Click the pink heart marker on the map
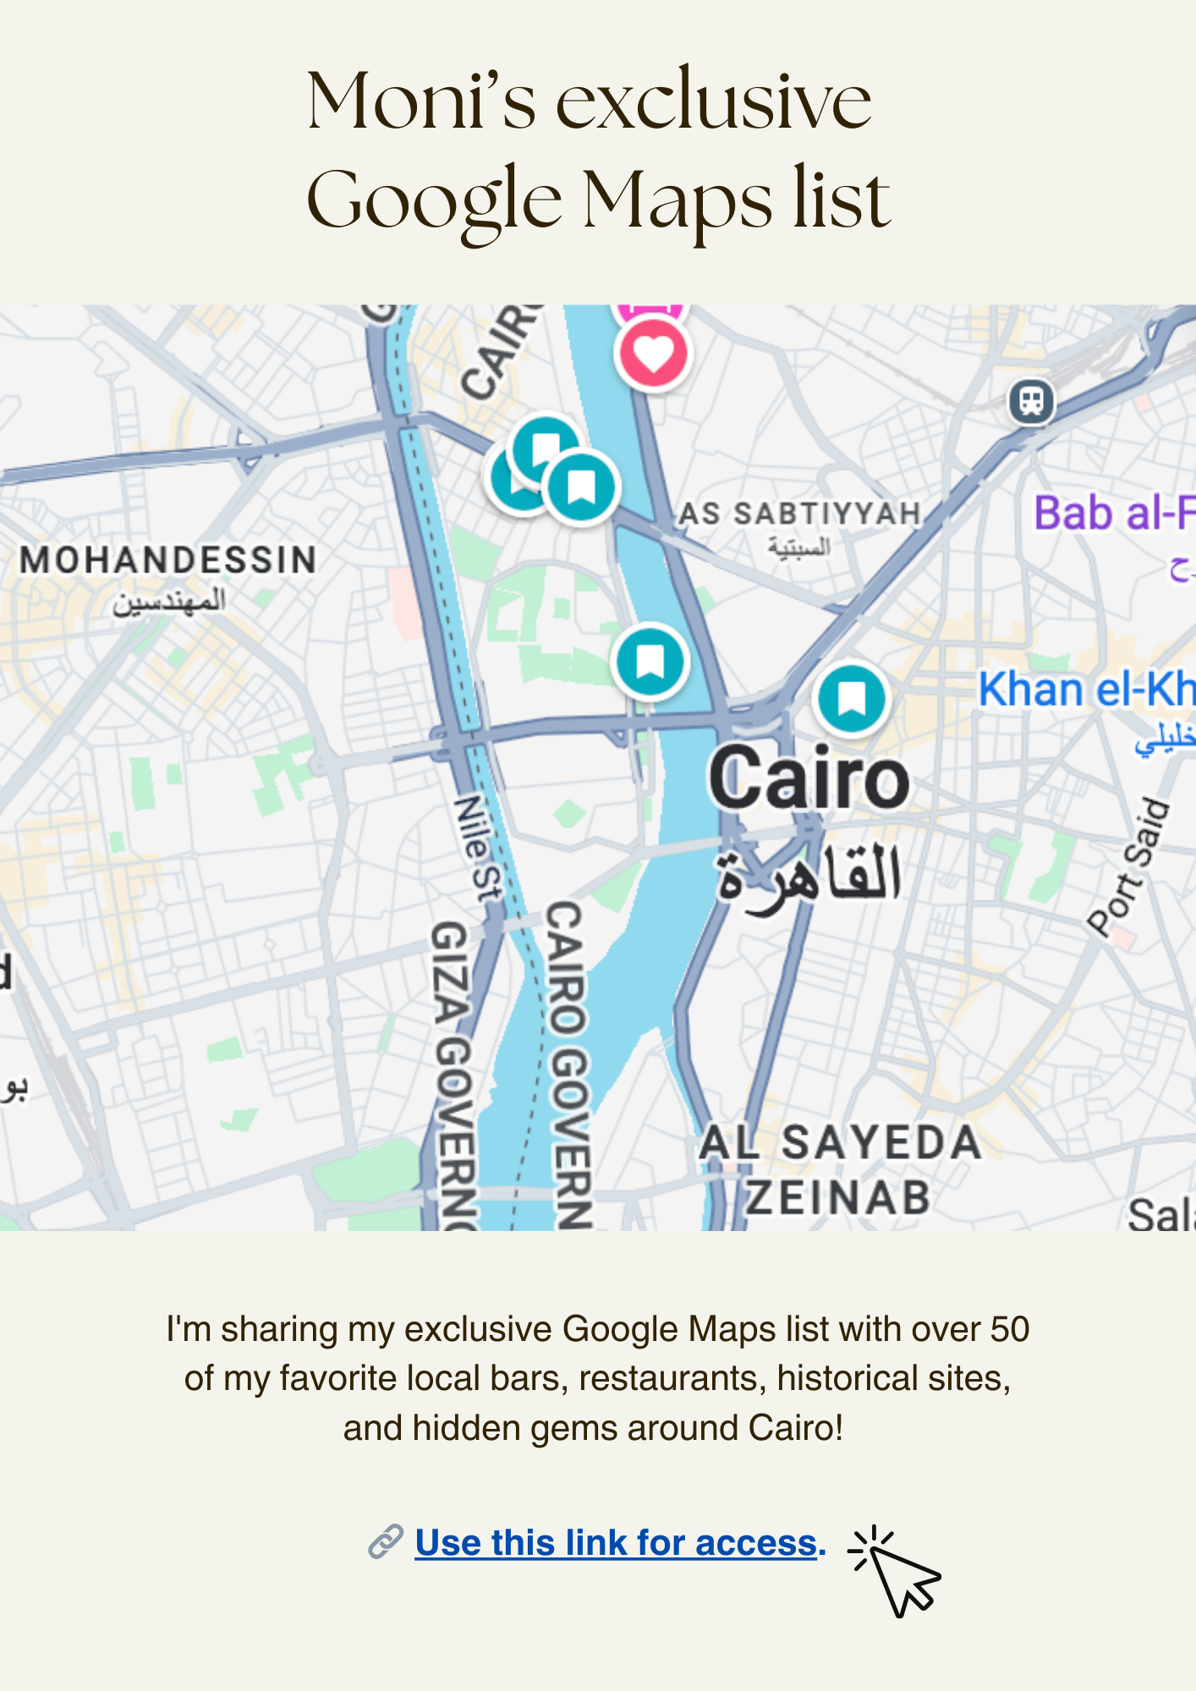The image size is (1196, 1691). [x=653, y=353]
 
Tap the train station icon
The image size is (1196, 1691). [x=1031, y=401]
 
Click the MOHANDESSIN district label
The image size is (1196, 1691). [x=167, y=561]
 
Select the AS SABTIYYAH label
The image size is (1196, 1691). [x=799, y=513]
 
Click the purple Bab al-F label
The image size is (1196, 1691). [x=1113, y=513]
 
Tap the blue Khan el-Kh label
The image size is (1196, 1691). [x=1086, y=689]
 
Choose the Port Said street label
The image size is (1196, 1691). [x=1128, y=867]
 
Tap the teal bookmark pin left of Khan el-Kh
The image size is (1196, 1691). [x=852, y=699]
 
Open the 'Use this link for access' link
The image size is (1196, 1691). [x=616, y=1543]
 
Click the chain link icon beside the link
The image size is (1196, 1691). [x=386, y=1542]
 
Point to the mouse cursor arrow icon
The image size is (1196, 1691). [x=900, y=1574]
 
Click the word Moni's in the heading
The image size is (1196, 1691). [x=421, y=101]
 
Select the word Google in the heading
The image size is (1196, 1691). [x=434, y=201]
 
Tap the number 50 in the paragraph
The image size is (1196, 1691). [x=1008, y=1329]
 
